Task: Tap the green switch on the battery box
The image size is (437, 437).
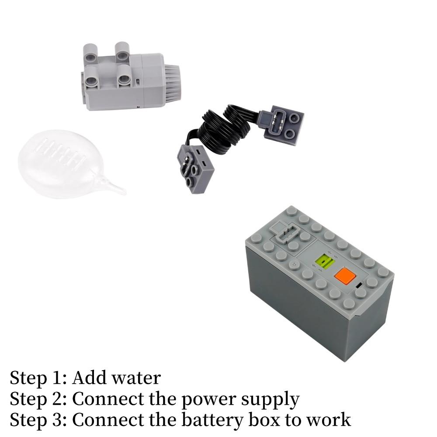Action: click(325, 263)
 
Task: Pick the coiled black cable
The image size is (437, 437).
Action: click(223, 131)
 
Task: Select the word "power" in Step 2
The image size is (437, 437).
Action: click(207, 400)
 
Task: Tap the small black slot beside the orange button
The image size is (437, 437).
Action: click(359, 286)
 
